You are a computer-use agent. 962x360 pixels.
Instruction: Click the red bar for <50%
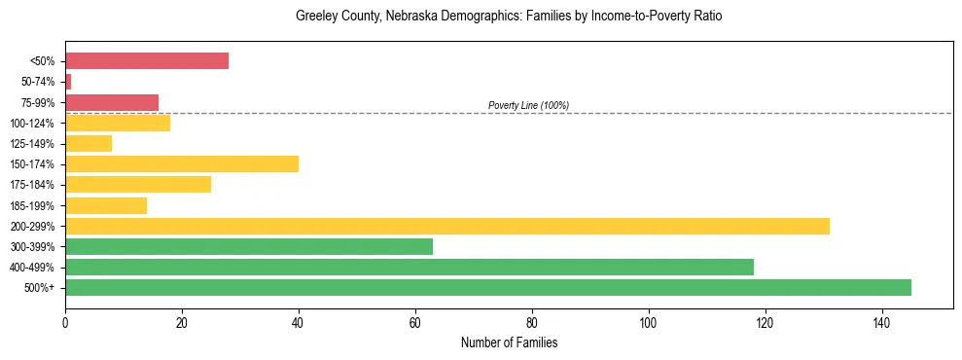(147, 61)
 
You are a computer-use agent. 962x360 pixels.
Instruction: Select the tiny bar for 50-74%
(68, 82)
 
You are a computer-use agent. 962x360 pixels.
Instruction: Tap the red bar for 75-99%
(112, 102)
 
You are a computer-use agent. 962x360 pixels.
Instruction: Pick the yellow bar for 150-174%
(182, 163)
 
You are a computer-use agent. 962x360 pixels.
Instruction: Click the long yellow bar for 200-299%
(447, 226)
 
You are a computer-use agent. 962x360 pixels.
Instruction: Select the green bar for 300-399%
(249, 246)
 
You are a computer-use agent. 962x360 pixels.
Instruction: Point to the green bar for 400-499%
(410, 267)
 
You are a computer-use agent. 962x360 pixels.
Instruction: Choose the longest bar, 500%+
(488, 287)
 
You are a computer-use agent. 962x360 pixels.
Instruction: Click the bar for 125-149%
(89, 143)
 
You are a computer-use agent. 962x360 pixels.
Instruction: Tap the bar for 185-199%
(106, 205)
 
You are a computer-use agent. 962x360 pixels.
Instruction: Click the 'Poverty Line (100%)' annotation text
(528, 105)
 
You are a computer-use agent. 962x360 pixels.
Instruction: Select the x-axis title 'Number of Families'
(509, 342)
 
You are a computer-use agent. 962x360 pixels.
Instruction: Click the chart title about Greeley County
(509, 17)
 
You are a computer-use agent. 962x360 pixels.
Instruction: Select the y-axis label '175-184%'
(36, 185)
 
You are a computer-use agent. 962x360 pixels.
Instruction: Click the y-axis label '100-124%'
(36, 124)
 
